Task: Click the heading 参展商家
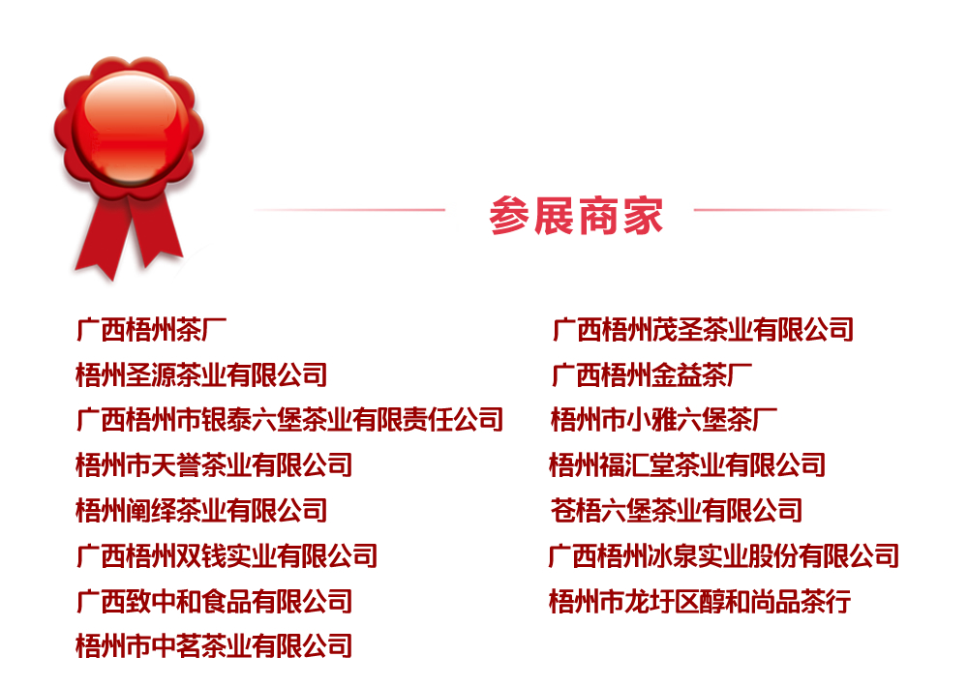[x=576, y=216]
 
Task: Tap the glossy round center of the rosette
[x=131, y=127]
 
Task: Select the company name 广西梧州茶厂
[x=151, y=330]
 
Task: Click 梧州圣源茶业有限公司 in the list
[x=201, y=374]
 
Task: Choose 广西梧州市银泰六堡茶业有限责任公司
[x=289, y=420]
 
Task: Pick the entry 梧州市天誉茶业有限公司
[x=214, y=464]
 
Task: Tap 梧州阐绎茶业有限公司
[x=201, y=511]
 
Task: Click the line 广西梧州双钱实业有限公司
[x=227, y=555]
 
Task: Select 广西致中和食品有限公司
[x=214, y=601]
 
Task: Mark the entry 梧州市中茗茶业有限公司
[x=214, y=646]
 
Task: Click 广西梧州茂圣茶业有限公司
[x=703, y=330]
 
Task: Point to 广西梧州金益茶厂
[x=651, y=374]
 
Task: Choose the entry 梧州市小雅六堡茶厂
[x=664, y=420]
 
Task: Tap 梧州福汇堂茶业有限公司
[x=687, y=464]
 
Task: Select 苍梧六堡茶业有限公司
[x=676, y=511]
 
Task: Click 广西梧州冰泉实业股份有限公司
[x=723, y=555]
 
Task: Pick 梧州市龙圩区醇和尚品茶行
[x=700, y=601]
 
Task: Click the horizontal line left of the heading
[x=349, y=210]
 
